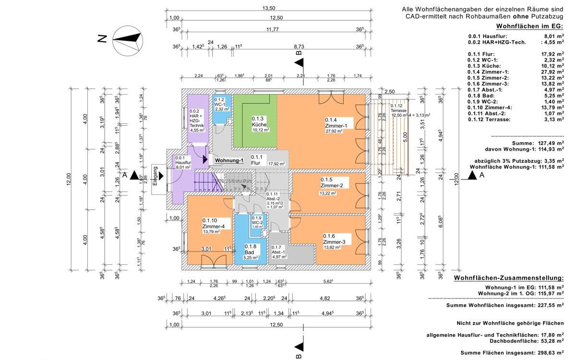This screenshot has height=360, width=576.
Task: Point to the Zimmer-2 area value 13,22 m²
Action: click(x=328, y=193)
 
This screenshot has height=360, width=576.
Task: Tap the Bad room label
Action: click(x=250, y=252)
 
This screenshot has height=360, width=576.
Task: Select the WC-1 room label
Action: click(x=220, y=104)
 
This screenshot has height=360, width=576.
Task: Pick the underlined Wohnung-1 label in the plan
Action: click(x=229, y=160)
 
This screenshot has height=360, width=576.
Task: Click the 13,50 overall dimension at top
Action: click(x=268, y=8)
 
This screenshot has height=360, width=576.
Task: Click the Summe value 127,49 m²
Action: click(x=550, y=143)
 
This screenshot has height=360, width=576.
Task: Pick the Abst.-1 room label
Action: click(x=279, y=252)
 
